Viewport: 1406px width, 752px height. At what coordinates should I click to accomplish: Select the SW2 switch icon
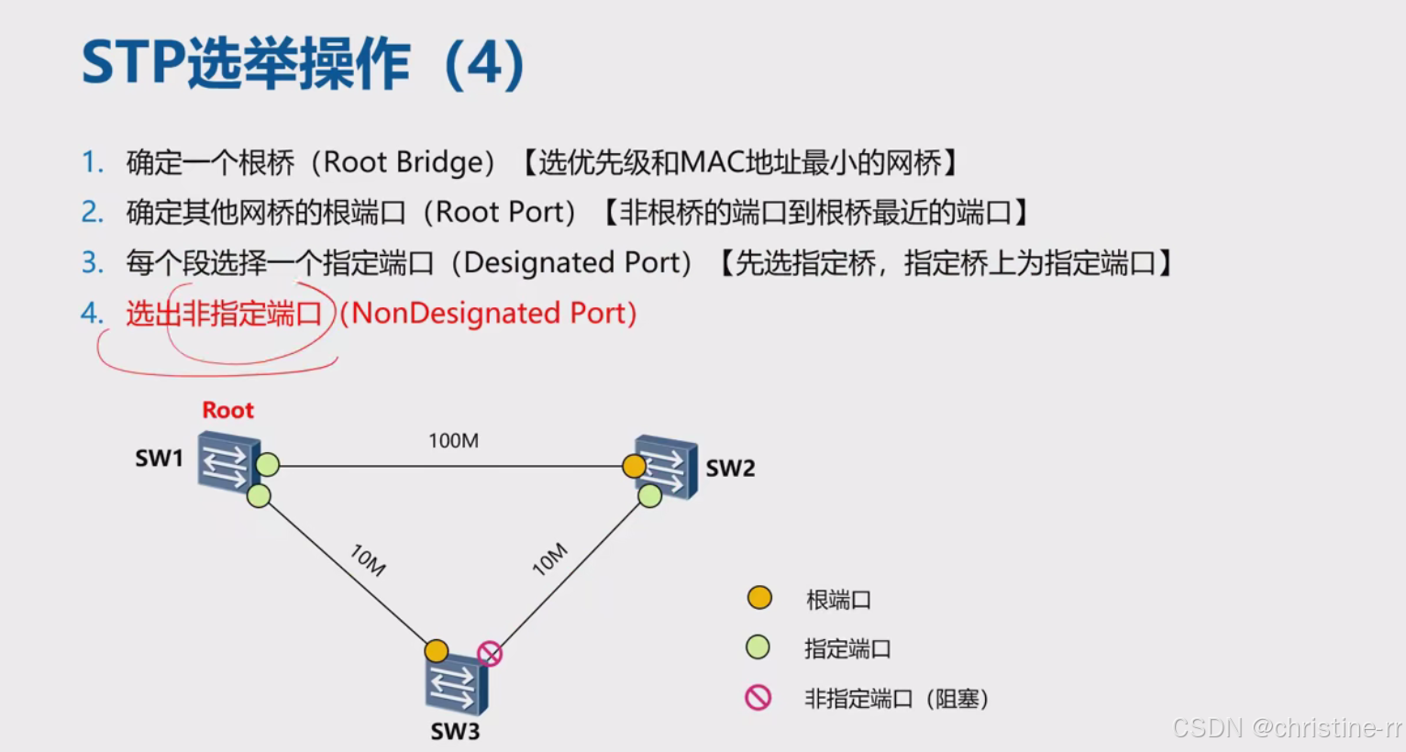[668, 466]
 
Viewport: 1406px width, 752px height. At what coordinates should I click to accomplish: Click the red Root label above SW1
[227, 410]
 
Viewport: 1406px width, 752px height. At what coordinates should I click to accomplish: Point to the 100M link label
[453, 441]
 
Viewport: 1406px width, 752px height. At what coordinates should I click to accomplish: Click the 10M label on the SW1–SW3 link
[368, 559]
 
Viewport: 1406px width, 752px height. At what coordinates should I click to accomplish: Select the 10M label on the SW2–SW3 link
[550, 559]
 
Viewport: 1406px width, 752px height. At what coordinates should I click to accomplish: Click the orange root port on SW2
[634, 466]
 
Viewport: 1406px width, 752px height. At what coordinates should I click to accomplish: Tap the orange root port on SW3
[437, 651]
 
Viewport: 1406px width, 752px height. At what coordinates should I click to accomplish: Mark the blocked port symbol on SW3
[490, 654]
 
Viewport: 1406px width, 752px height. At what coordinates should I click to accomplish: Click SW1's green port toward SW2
[268, 465]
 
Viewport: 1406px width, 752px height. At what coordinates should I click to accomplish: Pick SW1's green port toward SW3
[259, 496]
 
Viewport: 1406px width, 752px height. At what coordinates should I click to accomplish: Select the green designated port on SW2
[650, 496]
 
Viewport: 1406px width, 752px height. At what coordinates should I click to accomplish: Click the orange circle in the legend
[759, 598]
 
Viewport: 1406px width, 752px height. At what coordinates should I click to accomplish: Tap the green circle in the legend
[758, 647]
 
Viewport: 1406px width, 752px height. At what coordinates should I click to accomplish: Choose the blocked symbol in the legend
[758, 698]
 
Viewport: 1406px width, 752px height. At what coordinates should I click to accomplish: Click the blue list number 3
[93, 263]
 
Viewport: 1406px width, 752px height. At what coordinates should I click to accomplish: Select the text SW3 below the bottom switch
[455, 732]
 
